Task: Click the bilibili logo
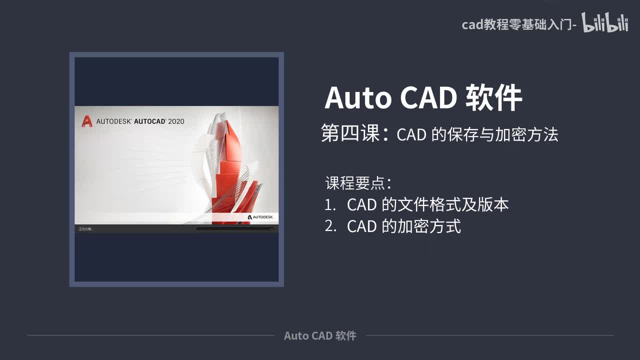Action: coord(604,23)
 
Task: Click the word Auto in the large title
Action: coord(357,97)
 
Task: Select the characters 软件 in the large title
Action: coord(493,97)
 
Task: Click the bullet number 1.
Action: coord(329,204)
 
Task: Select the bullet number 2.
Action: coord(330,226)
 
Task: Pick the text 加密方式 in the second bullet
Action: coord(429,226)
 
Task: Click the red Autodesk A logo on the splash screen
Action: coord(86,121)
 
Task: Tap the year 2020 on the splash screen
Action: coord(176,121)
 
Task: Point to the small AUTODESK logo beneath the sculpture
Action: coord(260,217)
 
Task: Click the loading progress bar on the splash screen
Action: coord(234,229)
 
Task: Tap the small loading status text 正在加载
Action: coord(85,229)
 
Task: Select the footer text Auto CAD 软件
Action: coord(320,336)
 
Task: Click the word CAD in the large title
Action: coord(428,97)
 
